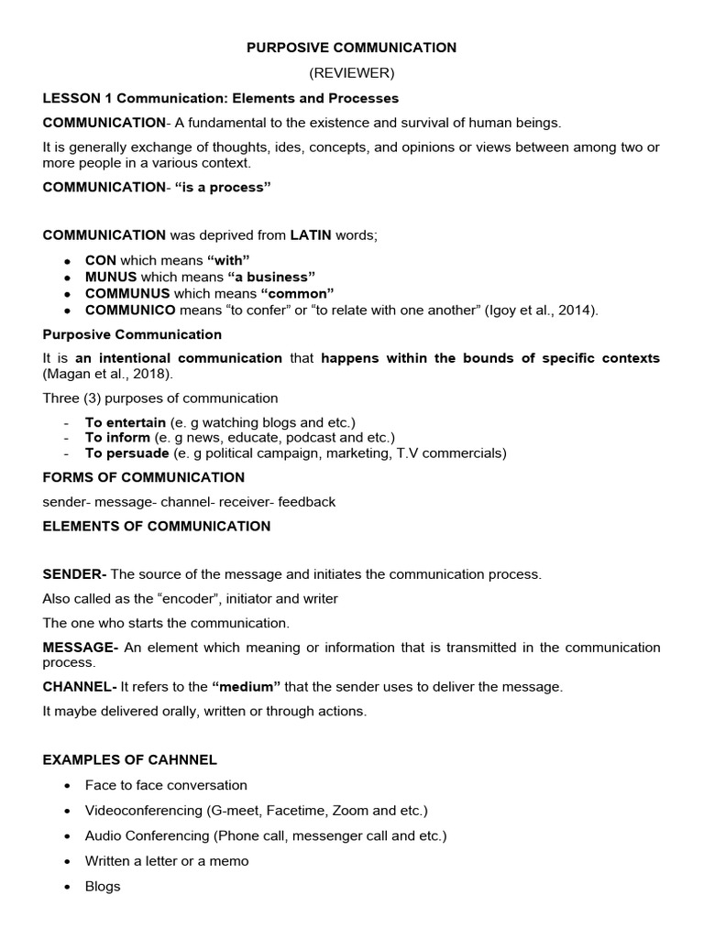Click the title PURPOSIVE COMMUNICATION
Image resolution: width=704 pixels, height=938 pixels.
(352, 47)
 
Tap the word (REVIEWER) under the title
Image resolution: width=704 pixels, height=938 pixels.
(352, 72)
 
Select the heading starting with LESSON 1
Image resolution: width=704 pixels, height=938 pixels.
(221, 98)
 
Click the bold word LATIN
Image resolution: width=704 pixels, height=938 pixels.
(311, 235)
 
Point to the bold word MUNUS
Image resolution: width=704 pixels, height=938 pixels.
(111, 277)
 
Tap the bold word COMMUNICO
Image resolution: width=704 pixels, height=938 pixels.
(131, 311)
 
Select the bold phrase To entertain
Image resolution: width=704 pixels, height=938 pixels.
(126, 422)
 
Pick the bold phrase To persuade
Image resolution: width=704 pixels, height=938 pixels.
(127, 453)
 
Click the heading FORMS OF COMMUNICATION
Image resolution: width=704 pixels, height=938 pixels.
(144, 477)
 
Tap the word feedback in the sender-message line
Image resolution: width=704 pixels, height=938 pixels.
(307, 502)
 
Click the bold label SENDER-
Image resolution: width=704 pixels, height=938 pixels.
(75, 574)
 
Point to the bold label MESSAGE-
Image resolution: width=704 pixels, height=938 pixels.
(82, 648)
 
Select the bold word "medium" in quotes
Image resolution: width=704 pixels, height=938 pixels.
(246, 686)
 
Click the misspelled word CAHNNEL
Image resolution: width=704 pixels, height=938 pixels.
(184, 760)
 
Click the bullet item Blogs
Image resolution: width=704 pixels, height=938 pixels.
(103, 887)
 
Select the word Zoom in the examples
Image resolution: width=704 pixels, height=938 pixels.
(351, 811)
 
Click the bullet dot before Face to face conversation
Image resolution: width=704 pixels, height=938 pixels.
(68, 786)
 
